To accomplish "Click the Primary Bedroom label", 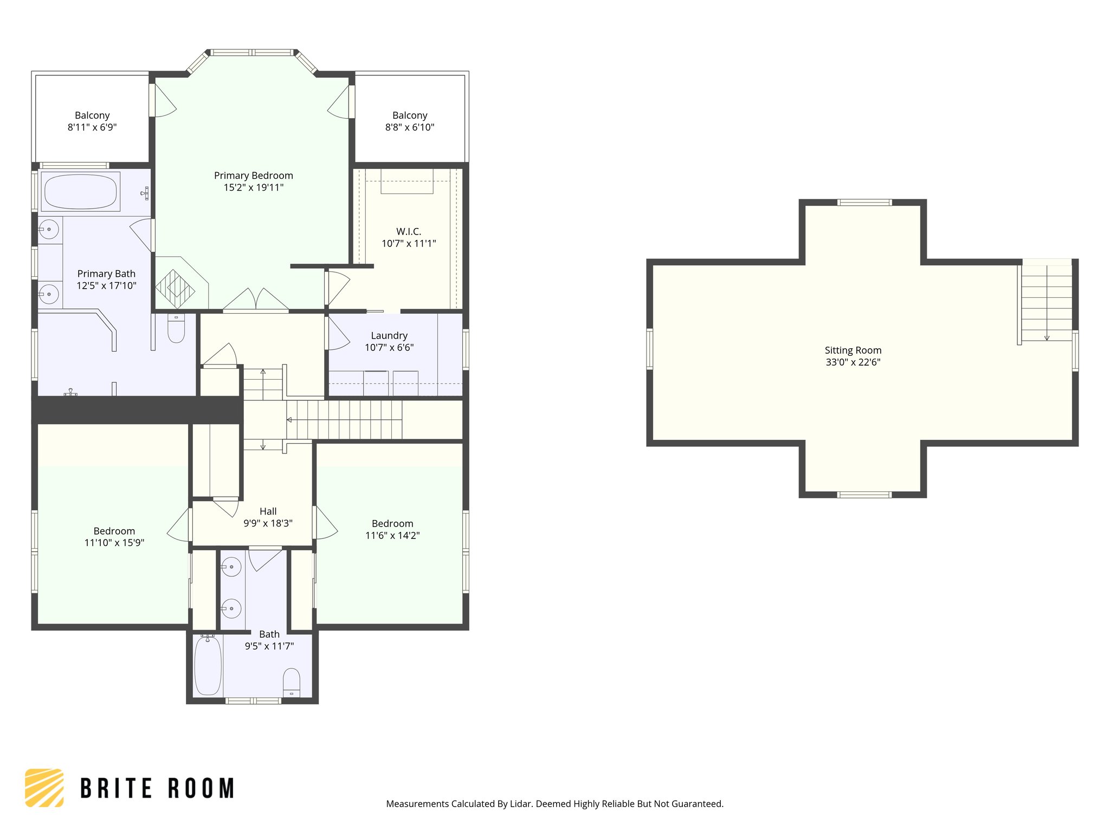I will [x=253, y=175].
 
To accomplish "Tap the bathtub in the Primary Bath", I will [x=80, y=192].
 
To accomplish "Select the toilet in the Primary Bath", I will [x=176, y=328].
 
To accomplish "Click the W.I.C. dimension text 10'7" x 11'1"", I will [x=409, y=244].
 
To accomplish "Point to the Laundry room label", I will [x=389, y=336].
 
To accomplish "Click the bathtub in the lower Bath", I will [x=208, y=666].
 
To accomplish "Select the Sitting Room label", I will [x=853, y=350].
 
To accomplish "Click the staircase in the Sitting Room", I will [x=1046, y=303].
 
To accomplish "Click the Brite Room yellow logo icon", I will [x=44, y=788].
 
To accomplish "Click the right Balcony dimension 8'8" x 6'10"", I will [x=410, y=127].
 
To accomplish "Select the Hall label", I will [x=268, y=511].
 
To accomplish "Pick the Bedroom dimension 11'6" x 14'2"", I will [x=392, y=536].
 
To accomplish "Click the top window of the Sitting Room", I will [x=864, y=203].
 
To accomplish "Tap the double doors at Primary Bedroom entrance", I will [x=256, y=301].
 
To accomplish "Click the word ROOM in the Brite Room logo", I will [x=201, y=788].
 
